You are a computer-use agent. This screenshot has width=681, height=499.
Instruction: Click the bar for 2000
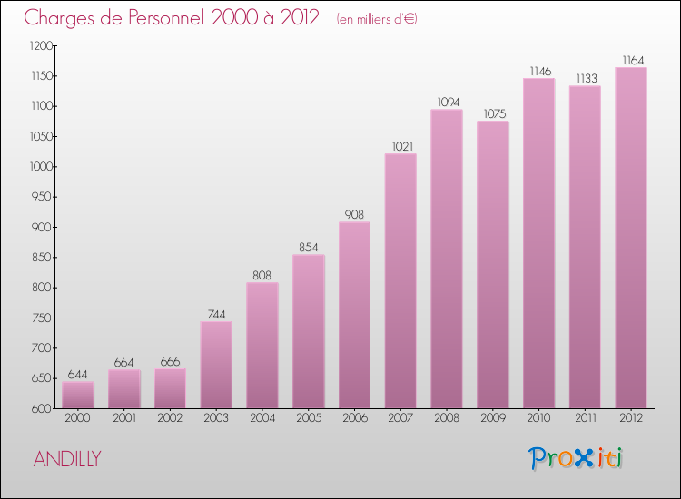tap(78, 395)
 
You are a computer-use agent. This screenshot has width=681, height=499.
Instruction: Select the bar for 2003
tap(216, 365)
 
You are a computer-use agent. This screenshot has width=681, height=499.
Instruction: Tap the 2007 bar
tap(400, 281)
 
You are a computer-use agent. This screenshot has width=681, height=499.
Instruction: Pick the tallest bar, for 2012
tap(631, 238)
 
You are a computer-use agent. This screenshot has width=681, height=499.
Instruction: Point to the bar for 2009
tap(493, 265)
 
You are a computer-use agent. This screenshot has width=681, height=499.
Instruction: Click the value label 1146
tap(539, 71)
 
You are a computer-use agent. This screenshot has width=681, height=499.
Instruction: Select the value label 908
tap(354, 214)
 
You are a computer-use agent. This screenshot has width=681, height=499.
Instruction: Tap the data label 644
tap(78, 375)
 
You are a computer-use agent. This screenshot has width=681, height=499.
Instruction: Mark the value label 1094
tap(447, 102)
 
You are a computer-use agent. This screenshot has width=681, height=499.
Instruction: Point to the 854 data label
tap(309, 247)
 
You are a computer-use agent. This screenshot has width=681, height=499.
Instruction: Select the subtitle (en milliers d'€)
tap(376, 18)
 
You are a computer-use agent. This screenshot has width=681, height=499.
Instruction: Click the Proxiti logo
tap(576, 458)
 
